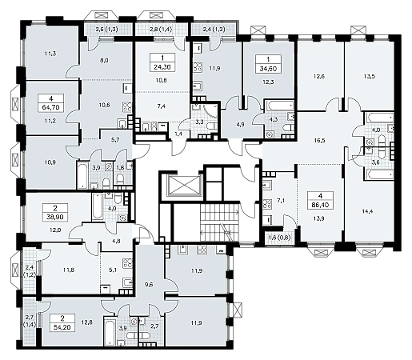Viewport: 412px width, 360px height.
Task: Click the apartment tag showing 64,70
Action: click(x=51, y=103)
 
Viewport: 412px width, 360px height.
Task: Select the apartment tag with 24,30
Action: click(x=162, y=62)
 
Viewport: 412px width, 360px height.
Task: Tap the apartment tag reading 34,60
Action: click(x=268, y=64)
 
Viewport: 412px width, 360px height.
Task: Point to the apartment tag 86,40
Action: click(x=320, y=200)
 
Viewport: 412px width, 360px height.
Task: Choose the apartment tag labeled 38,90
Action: click(x=55, y=213)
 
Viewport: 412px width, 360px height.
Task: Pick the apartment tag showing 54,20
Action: click(x=62, y=322)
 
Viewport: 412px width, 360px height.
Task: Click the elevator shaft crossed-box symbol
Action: click(x=184, y=185)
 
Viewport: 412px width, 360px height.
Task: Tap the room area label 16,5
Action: click(x=319, y=141)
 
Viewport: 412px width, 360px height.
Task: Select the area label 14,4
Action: click(x=367, y=212)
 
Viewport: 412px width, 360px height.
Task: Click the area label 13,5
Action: click(x=370, y=76)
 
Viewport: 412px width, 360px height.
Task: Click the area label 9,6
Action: click(x=149, y=285)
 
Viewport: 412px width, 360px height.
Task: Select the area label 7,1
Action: click(x=281, y=200)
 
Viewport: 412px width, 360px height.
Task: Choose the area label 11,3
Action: click(x=50, y=54)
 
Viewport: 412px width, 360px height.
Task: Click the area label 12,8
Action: click(x=87, y=322)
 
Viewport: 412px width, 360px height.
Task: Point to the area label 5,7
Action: click(x=115, y=139)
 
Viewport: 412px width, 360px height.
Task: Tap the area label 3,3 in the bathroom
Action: click(x=199, y=122)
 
